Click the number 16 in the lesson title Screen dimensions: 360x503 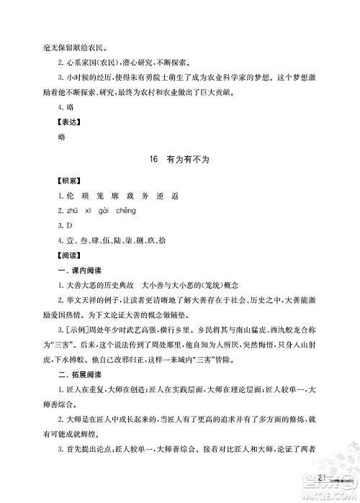click(x=150, y=163)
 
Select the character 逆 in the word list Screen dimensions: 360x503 click(x=167, y=196)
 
